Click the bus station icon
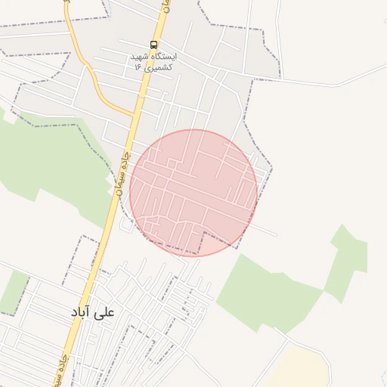154,45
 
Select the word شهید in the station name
141,56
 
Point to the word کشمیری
159,67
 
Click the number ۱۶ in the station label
138,67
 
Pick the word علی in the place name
104,311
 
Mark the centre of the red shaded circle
193,193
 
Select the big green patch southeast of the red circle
265,291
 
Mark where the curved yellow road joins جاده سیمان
132,116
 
